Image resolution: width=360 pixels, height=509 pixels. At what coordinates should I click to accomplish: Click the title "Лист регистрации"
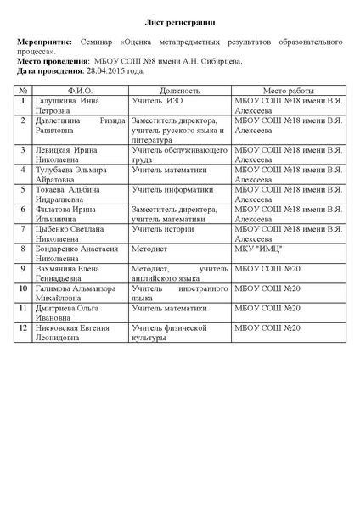point(179,18)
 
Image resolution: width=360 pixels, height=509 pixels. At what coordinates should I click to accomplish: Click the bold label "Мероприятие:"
point(45,41)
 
